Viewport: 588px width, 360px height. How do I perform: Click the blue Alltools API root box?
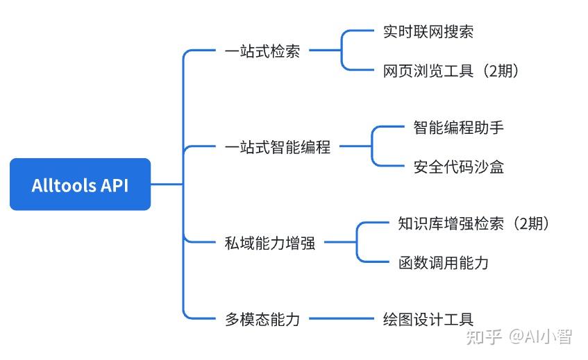point(80,185)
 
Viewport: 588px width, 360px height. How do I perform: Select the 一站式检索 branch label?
point(262,51)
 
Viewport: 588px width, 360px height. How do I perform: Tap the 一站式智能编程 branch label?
point(278,147)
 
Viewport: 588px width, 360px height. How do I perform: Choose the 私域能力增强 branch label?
point(270,243)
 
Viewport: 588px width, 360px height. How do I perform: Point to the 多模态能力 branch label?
point(262,319)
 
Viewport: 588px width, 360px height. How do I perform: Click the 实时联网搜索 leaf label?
point(428,31)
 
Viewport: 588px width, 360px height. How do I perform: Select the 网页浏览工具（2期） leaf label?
point(451,71)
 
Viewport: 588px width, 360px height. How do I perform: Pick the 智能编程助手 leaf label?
point(458,128)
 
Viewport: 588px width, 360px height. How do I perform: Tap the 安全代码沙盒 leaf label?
point(458,166)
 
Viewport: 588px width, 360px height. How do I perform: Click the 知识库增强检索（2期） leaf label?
point(475,223)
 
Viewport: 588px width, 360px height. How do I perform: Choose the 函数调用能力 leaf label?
point(444,262)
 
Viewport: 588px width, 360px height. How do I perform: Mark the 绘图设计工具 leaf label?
point(428,319)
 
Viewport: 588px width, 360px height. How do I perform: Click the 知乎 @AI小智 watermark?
point(519,337)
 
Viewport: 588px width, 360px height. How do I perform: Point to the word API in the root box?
point(113,185)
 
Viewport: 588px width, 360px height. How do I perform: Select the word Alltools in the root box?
point(62,185)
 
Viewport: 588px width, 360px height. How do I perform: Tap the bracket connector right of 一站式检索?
point(342,50)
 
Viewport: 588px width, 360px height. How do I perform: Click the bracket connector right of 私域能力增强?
point(358,243)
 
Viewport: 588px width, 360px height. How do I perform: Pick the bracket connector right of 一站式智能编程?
point(373,146)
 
